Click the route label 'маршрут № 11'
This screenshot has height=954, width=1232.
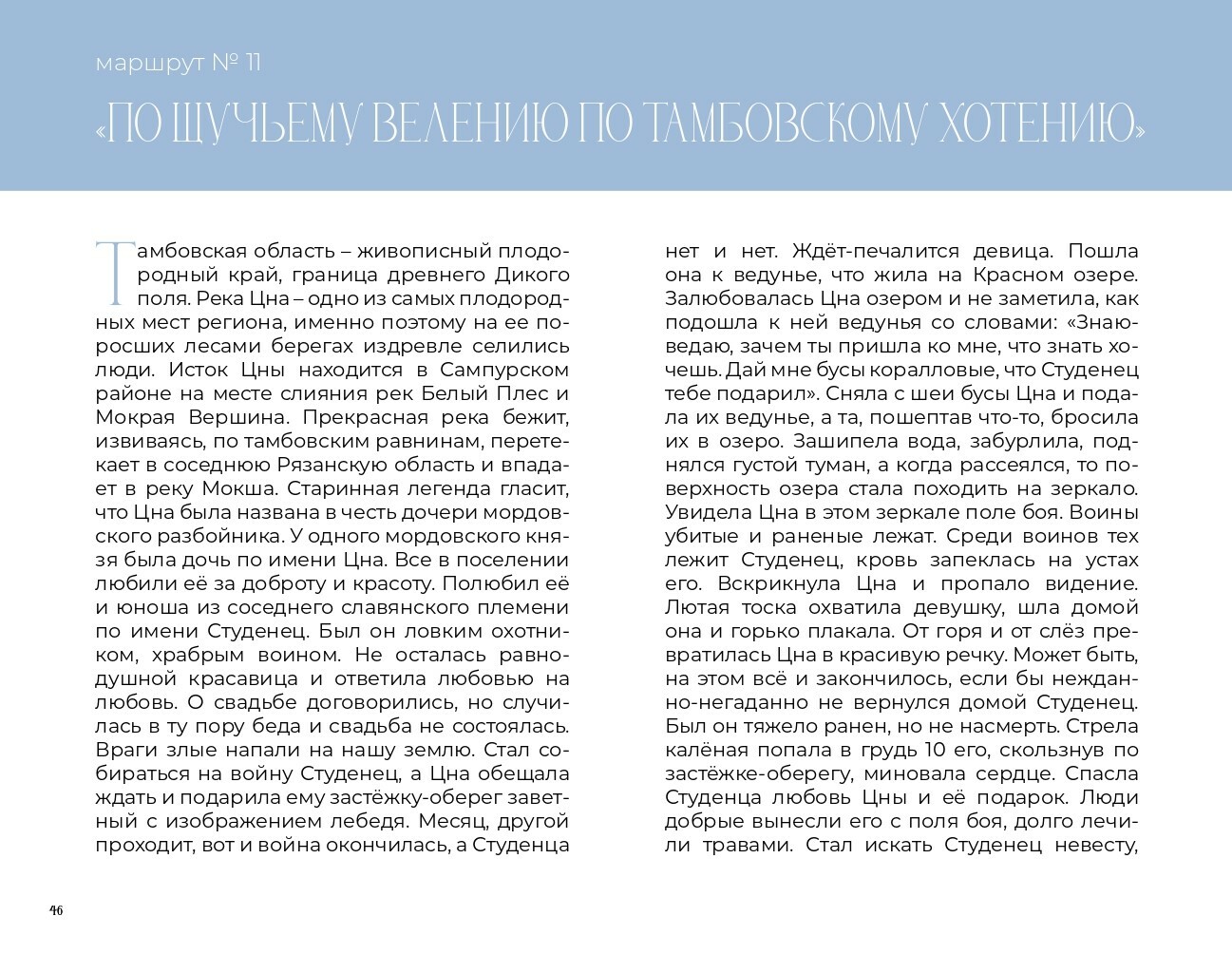coord(178,64)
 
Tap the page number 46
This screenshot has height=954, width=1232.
coord(56,910)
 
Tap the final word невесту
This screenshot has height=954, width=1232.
coord(1094,845)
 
